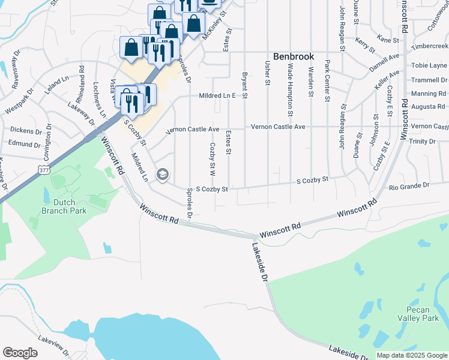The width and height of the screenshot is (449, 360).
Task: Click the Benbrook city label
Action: point(294,56)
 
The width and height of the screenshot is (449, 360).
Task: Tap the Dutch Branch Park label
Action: point(64,206)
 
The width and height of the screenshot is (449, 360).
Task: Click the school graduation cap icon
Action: point(161,175)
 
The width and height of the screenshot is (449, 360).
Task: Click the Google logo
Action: point(20,353)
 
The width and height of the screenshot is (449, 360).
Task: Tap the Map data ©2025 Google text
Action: point(412,355)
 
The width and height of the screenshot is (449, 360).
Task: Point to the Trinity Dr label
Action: point(422,141)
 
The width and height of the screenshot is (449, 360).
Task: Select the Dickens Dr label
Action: point(25,130)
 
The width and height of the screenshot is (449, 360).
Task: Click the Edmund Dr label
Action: point(24,143)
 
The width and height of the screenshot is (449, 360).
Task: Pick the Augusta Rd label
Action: point(427,106)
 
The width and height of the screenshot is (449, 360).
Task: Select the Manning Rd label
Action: point(429,94)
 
